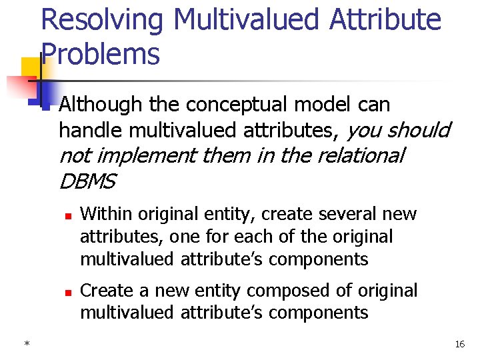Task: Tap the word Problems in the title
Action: pyautogui.click(x=101, y=53)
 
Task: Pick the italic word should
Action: pyautogui.click(x=419, y=130)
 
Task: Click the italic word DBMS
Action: pyautogui.click(x=87, y=181)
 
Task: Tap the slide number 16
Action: pyautogui.click(x=459, y=344)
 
